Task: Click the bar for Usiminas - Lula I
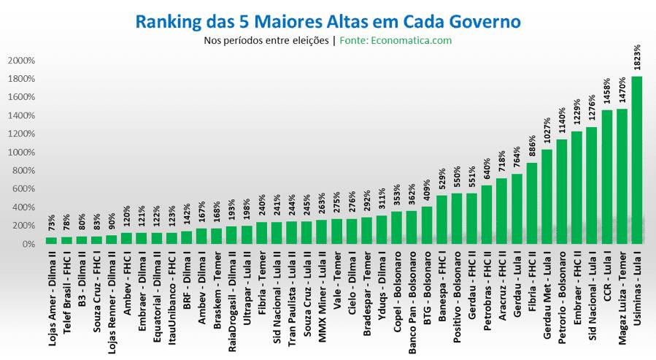click(x=637, y=161)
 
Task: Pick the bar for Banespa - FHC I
click(x=442, y=220)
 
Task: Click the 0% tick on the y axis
click(x=28, y=244)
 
